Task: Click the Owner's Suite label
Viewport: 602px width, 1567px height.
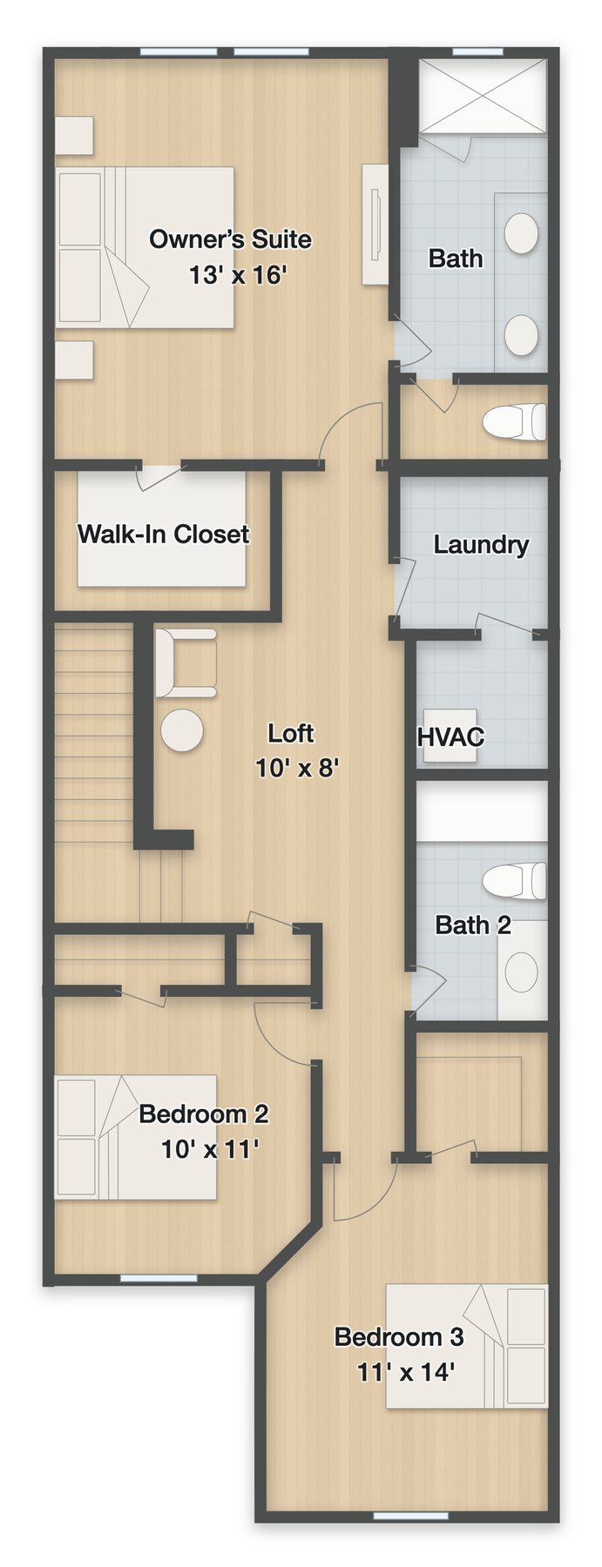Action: point(230,239)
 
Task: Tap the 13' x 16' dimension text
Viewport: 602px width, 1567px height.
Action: point(238,275)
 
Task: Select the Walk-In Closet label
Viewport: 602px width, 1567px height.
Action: point(164,534)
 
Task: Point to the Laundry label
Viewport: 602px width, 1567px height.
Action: point(481,545)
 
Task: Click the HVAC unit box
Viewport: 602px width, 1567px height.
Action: point(450,736)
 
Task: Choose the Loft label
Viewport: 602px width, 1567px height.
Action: point(290,733)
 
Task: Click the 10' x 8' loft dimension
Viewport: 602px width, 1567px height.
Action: point(297,768)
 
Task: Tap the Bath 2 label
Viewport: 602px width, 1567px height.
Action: point(473,925)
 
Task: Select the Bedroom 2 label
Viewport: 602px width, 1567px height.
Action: point(204,1113)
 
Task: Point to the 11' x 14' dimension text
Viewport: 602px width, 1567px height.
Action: point(406,1373)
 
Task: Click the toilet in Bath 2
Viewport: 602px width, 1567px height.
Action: point(515,881)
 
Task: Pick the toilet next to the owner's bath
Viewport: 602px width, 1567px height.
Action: point(515,421)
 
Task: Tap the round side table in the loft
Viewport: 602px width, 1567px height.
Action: point(181,730)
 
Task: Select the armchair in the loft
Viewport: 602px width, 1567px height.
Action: point(186,662)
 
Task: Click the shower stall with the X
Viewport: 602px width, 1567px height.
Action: point(484,96)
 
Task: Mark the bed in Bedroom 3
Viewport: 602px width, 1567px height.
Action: point(467,1346)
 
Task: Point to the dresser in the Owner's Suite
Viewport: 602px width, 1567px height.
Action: point(375,224)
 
